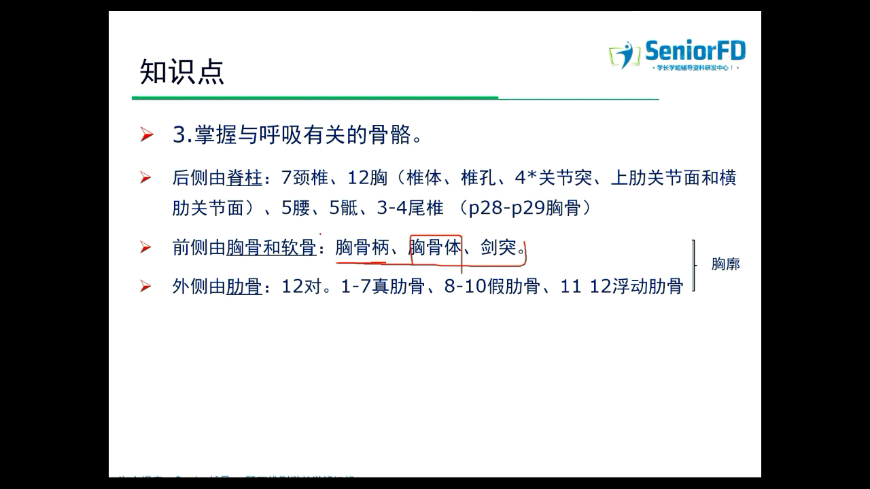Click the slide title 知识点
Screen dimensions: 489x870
(x=181, y=72)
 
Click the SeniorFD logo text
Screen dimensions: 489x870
(x=695, y=51)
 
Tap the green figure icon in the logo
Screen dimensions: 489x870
(x=625, y=55)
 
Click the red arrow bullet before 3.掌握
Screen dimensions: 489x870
(x=146, y=135)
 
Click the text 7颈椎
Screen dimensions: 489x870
(x=305, y=179)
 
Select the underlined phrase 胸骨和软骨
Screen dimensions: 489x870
(x=271, y=248)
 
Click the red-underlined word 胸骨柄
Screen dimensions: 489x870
(x=362, y=248)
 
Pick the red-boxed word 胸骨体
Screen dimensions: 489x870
(x=435, y=248)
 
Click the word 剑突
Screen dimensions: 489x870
(x=498, y=248)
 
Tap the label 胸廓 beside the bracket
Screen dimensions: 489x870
(x=725, y=264)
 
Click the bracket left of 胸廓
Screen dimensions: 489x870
(x=694, y=265)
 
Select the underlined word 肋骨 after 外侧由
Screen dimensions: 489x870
(x=244, y=287)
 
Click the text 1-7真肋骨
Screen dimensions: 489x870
(x=383, y=287)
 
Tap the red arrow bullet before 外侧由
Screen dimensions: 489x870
(x=146, y=287)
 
